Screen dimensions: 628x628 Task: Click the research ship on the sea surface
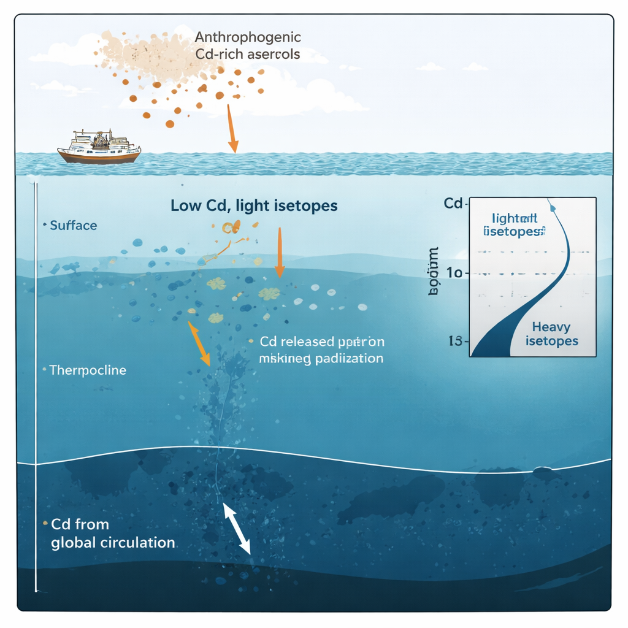click(99, 148)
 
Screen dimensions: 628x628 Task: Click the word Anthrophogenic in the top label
click(247, 37)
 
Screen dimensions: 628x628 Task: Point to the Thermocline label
click(88, 370)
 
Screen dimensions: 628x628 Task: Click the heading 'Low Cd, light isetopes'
click(254, 206)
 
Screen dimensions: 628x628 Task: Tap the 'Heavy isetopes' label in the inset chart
click(551, 334)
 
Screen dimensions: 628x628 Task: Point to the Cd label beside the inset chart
click(453, 204)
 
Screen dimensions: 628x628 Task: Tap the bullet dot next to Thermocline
click(44, 370)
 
